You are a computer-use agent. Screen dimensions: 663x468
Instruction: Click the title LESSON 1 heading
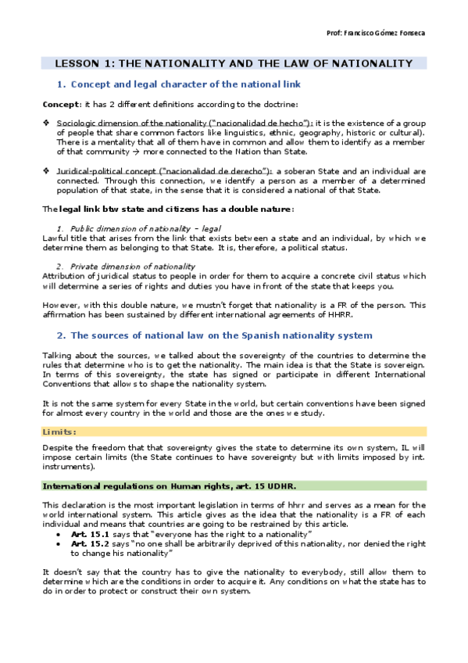point(233,63)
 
